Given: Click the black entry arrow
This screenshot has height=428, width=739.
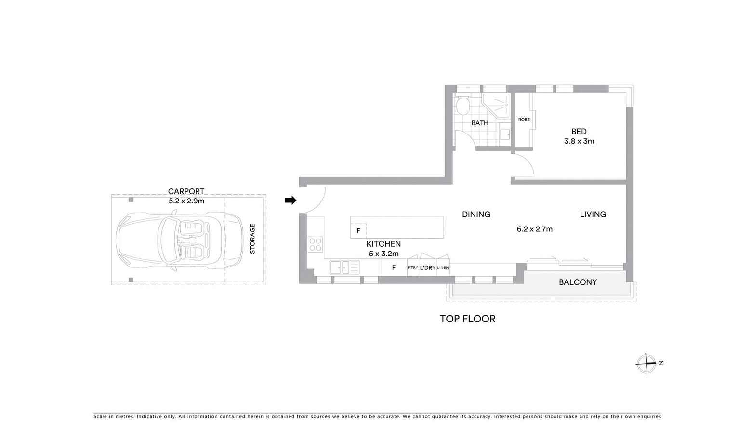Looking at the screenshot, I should (x=290, y=200).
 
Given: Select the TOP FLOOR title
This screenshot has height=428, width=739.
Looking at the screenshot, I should (x=467, y=319).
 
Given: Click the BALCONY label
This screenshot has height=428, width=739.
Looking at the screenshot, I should (x=578, y=282).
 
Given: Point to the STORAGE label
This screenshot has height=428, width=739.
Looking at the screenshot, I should (x=252, y=239).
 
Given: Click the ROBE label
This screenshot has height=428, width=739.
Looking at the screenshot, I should (x=524, y=120).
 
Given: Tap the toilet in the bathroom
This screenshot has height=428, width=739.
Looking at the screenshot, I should (x=462, y=106).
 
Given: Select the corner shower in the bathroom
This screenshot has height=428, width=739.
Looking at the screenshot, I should (x=497, y=105).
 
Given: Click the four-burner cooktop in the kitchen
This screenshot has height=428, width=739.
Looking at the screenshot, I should (x=316, y=244).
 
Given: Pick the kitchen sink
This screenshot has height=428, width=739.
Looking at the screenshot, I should (x=344, y=267).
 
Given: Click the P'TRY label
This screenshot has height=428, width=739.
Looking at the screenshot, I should (x=413, y=268).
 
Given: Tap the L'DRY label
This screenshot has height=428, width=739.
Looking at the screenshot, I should (x=427, y=268).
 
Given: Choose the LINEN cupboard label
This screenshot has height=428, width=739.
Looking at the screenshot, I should (x=443, y=268).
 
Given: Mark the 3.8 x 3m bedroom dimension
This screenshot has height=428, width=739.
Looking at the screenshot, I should (x=579, y=141).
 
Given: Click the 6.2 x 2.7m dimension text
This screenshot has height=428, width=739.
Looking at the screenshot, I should (x=534, y=229).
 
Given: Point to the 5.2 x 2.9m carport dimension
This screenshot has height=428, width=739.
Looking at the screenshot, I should (x=186, y=201).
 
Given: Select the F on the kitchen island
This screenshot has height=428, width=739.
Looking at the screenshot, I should (x=358, y=231).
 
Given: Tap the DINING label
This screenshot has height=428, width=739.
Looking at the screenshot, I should (x=476, y=214).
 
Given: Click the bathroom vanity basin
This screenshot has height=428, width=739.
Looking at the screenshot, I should (x=504, y=134).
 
